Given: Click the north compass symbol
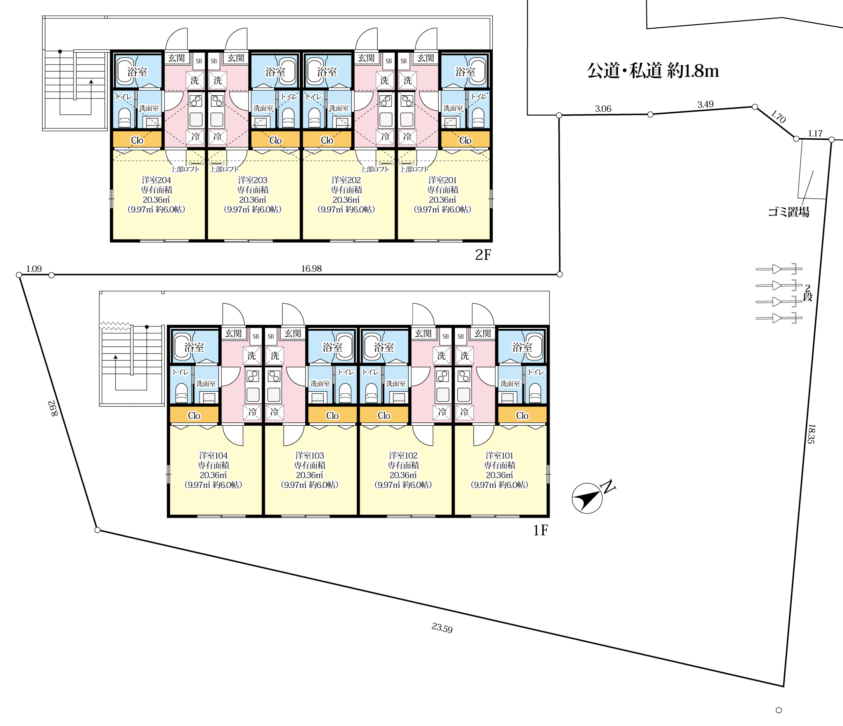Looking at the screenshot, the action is pyautogui.click(x=587, y=498).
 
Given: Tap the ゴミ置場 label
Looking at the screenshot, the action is pyautogui.click(x=788, y=211).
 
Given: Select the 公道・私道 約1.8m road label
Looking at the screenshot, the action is pyautogui.click(x=653, y=71).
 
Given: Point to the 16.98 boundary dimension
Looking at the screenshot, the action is pyautogui.click(x=311, y=268).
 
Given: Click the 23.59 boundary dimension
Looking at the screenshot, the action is pyautogui.click(x=442, y=628).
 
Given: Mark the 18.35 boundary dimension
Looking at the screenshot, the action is pyautogui.click(x=811, y=434).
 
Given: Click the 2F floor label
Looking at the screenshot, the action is pyautogui.click(x=483, y=255).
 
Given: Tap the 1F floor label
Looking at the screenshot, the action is pyautogui.click(x=540, y=530).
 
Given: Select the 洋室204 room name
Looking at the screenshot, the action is pyautogui.click(x=156, y=180).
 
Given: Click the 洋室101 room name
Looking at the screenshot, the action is pyautogui.click(x=499, y=455).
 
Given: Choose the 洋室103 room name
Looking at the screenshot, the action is pyautogui.click(x=310, y=455).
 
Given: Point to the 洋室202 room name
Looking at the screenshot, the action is pyautogui.click(x=346, y=180).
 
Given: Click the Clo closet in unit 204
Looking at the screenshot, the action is pyautogui.click(x=137, y=140).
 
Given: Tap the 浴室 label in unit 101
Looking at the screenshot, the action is pyautogui.click(x=522, y=347).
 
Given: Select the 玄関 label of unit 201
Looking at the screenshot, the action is pyautogui.click(x=425, y=58).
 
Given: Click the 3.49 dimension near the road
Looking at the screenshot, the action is pyautogui.click(x=705, y=104).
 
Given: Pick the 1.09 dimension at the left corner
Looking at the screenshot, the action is pyautogui.click(x=34, y=268).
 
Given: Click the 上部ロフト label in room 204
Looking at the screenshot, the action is pyautogui.click(x=185, y=169).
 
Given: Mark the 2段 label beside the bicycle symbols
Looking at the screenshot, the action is pyautogui.click(x=808, y=293).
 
